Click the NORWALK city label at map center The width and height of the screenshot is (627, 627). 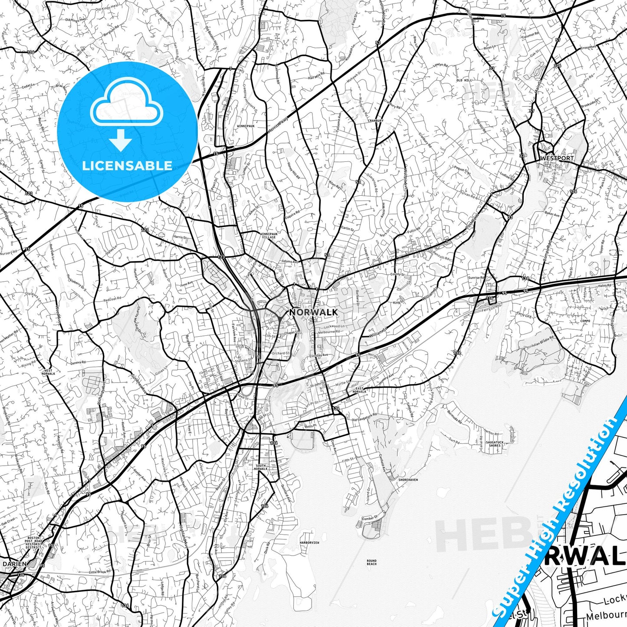tap(313, 312)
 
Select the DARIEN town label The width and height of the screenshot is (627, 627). tap(14, 564)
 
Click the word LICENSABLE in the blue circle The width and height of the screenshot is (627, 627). tap(127, 166)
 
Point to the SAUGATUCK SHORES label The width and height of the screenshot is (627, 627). tap(495, 444)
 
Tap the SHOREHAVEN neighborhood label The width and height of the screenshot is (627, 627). tap(408, 479)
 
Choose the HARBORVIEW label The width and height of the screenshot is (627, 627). tap(309, 542)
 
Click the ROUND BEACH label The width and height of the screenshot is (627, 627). tap(371, 562)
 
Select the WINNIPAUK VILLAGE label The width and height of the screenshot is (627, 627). tap(268, 236)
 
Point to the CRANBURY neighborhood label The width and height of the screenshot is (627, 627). tap(376, 121)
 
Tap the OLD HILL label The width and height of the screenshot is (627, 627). tap(464, 80)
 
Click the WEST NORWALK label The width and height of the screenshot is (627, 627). tap(48, 372)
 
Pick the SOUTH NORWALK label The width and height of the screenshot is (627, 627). tap(261, 467)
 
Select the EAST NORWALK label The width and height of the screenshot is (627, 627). tap(360, 390)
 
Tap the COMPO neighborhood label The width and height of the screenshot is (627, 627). tap(584, 322)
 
